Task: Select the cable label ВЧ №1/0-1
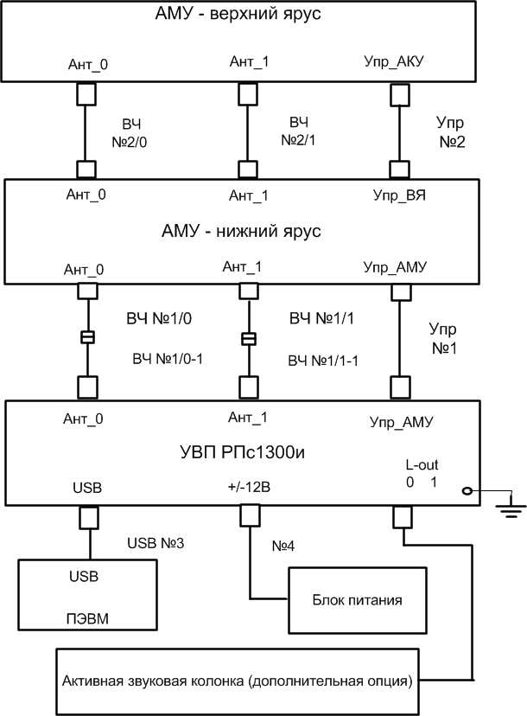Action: coord(167,357)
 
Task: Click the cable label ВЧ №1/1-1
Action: coord(324,357)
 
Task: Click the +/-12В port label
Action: coord(250,488)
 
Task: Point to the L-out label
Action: coord(421,464)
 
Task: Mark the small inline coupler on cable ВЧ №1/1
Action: coord(248,338)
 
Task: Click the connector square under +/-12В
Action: coord(248,517)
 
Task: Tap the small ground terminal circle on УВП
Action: coord(467,492)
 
